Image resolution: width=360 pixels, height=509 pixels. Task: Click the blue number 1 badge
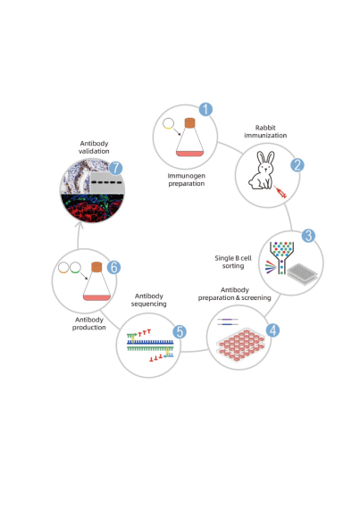pyautogui.click(x=205, y=110)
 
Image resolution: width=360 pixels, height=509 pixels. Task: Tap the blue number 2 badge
pyautogui.click(x=297, y=165)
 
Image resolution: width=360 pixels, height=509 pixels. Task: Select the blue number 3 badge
pyautogui.click(x=308, y=236)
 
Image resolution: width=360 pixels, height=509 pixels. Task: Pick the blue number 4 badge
pyautogui.click(x=272, y=330)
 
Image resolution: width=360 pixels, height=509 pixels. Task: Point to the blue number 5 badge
pyautogui.click(x=180, y=332)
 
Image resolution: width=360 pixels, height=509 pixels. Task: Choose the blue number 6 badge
pyautogui.click(x=114, y=267)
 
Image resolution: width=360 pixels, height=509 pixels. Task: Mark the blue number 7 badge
pyautogui.click(x=115, y=168)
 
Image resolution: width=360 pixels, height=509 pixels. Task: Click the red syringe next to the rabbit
pyautogui.click(x=280, y=192)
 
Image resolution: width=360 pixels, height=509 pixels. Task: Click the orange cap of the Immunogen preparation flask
pyautogui.click(x=190, y=123)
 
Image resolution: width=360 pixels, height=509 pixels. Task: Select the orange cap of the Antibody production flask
pyautogui.click(x=96, y=267)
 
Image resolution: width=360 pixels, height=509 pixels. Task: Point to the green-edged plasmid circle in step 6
pyautogui.click(x=75, y=268)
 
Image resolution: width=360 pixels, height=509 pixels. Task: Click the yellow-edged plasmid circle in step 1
pyautogui.click(x=169, y=124)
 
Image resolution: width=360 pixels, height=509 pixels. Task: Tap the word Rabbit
pyautogui.click(x=265, y=128)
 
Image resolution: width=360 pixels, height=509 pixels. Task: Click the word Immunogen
pyautogui.click(x=187, y=176)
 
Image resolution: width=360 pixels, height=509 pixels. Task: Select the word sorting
pyautogui.click(x=233, y=266)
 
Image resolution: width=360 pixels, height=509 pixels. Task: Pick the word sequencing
pyautogui.click(x=148, y=304)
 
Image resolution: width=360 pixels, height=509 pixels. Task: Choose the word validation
pyautogui.click(x=94, y=151)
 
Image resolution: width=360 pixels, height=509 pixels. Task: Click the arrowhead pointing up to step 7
pyautogui.click(x=80, y=225)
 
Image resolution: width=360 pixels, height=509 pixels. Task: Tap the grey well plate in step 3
pyautogui.click(x=303, y=274)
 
